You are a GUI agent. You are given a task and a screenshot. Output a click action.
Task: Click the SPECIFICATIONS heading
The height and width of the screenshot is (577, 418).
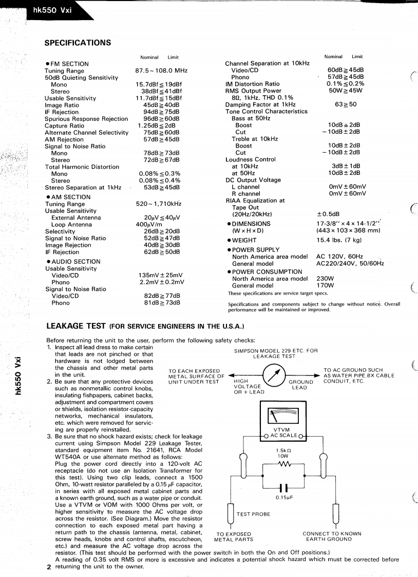(x=78, y=42)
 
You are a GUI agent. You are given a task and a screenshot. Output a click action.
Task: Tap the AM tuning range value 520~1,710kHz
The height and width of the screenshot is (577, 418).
(x=160, y=204)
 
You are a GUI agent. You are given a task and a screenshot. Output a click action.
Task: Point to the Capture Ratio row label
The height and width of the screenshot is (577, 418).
(x=64, y=125)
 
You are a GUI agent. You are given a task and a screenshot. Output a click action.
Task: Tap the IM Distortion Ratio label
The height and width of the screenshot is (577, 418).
(x=252, y=84)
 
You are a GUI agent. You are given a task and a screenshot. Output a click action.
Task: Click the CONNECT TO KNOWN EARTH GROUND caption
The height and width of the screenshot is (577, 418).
(x=332, y=536)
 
